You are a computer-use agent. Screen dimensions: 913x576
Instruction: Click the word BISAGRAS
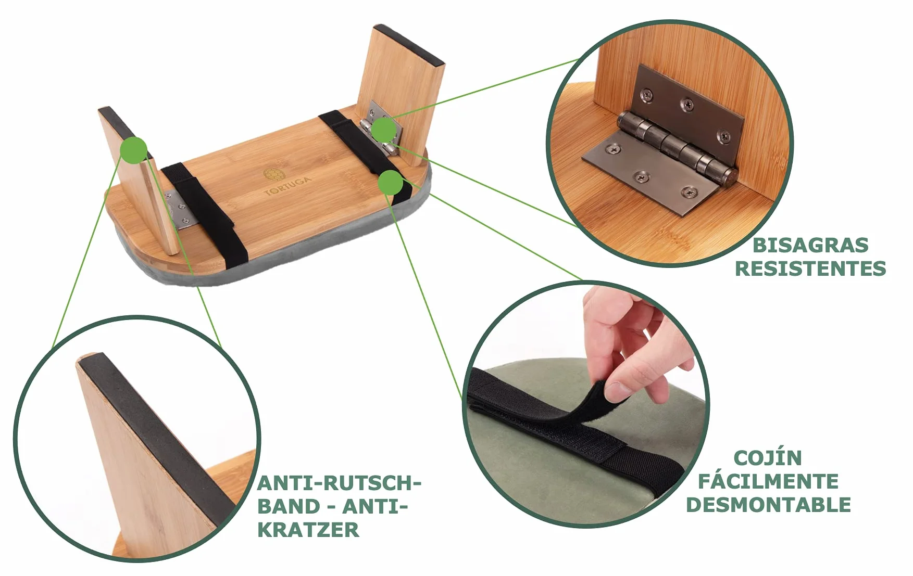click(810, 245)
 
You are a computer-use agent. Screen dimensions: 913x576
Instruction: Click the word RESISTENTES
click(810, 268)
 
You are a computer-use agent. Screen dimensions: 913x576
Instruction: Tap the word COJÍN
click(768, 458)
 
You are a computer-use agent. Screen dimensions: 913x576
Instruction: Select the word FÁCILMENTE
click(768, 481)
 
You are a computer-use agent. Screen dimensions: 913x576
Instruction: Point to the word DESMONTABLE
click(768, 505)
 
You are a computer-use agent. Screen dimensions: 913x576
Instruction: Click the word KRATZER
click(308, 530)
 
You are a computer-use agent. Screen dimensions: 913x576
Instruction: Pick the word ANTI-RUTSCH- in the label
click(339, 483)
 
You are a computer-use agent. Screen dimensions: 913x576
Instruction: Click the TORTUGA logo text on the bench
click(288, 186)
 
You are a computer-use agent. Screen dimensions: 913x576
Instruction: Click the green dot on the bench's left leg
click(134, 150)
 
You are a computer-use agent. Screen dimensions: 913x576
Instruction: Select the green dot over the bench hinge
click(383, 130)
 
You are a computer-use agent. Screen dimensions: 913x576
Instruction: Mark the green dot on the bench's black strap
click(391, 183)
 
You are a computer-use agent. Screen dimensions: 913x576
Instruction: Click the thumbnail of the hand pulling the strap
click(585, 404)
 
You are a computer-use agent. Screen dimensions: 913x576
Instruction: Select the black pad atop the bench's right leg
click(411, 44)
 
